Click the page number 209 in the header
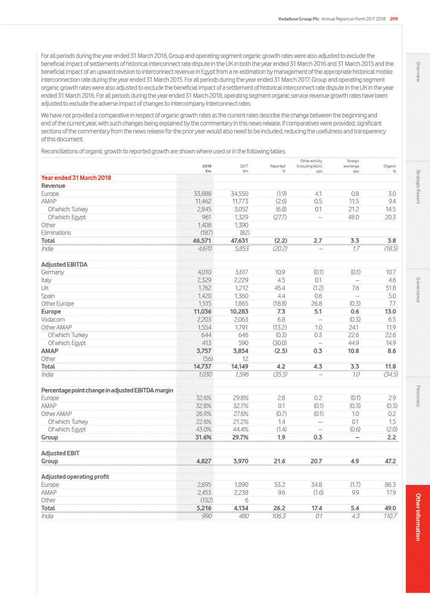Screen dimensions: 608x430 click(394, 19)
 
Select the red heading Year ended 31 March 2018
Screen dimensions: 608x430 click(76, 178)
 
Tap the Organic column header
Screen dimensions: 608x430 click(389, 166)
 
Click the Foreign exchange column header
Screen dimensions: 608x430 click(352, 164)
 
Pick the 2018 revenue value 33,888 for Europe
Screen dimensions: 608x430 click(203, 194)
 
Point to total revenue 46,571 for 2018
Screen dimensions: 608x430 click(202, 241)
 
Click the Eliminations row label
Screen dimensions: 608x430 click(56, 233)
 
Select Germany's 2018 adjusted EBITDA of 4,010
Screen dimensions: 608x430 click(204, 272)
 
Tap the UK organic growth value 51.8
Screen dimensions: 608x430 click(390, 288)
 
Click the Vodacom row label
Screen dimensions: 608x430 click(53, 320)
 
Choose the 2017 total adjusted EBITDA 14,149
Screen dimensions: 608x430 click(239, 367)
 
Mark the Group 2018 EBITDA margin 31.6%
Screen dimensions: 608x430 click(203, 437)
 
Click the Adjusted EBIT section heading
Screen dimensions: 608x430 click(60, 453)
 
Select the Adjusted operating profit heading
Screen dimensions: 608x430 click(75, 477)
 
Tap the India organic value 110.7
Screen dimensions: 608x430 click(390, 516)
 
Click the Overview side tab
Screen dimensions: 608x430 click(418, 72)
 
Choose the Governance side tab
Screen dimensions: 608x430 click(418, 290)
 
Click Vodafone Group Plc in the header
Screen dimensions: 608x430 click(298, 19)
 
